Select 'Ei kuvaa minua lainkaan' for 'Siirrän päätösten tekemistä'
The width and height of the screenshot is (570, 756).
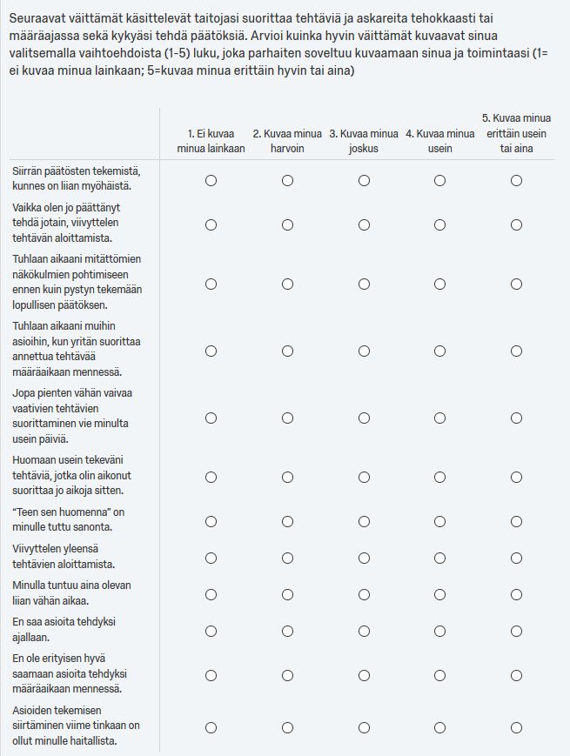pos(211,180)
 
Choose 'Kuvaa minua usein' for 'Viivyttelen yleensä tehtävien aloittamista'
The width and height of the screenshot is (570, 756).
pos(440,558)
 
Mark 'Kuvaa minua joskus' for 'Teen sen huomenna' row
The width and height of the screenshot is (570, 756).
pos(364,521)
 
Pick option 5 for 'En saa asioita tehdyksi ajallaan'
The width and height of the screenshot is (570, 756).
pos(517,631)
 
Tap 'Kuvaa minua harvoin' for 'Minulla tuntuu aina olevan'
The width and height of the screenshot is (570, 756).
pos(287,594)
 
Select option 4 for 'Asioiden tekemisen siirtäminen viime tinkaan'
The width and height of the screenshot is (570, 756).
pos(440,727)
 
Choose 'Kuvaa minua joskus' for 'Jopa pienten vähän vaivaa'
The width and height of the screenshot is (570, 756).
pos(364,418)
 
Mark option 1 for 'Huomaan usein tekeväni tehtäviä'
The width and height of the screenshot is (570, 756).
pos(211,477)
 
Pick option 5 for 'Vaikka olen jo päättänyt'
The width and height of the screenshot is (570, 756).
pos(517,224)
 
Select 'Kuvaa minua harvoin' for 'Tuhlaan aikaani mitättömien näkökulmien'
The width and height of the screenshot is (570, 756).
pos(287,284)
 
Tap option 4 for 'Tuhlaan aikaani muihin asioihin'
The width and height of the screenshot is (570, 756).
pos(440,351)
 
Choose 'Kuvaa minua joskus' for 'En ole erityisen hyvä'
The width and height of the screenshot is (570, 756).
pos(364,675)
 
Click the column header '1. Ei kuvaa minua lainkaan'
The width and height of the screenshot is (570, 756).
pos(211,141)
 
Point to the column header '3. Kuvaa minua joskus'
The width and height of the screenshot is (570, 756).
pos(364,141)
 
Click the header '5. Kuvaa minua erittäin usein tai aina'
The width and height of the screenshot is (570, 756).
pos(517,133)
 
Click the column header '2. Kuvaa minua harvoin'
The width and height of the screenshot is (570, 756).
pos(287,141)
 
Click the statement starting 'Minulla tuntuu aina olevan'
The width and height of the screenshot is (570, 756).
pos(71,593)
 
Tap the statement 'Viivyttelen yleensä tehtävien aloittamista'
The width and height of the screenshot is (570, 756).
pos(70,557)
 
